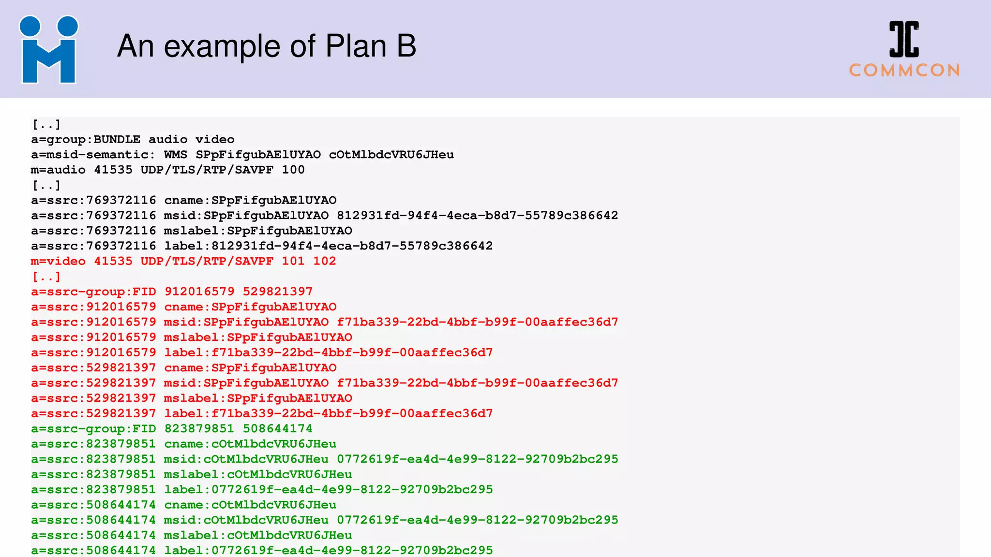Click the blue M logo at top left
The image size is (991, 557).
48,50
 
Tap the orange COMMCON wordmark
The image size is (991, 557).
904,71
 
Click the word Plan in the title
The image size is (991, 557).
356,46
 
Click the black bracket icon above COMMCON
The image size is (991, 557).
904,39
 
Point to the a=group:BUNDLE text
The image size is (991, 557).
86,140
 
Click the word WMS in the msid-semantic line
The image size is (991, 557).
175,155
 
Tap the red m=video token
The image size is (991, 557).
58,261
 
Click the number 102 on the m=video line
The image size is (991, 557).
324,261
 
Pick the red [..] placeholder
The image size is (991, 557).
46,277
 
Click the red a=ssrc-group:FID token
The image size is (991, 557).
93,292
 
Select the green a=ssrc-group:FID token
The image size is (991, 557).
93,429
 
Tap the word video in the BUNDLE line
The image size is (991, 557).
215,140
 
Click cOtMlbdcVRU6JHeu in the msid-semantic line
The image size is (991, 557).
391,155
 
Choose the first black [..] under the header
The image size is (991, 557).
46,125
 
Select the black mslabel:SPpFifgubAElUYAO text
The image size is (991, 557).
258,231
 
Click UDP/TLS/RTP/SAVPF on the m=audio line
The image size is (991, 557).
207,170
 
